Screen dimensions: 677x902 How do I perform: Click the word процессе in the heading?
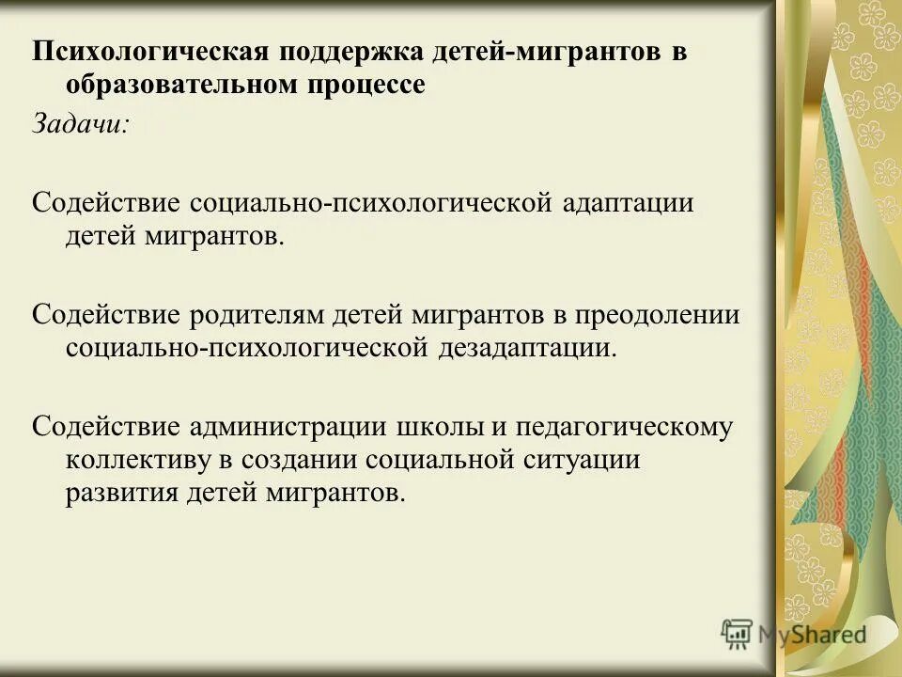click(364, 85)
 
